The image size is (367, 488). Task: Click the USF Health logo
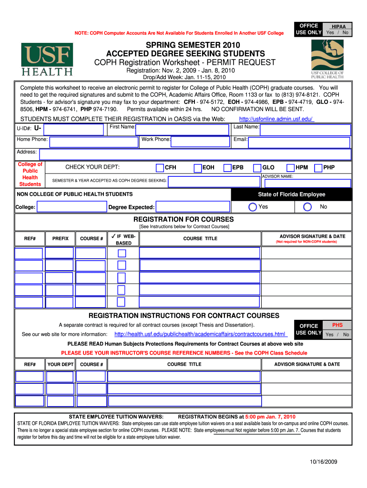[x=47, y=59]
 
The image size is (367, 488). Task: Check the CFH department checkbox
[x=160, y=168]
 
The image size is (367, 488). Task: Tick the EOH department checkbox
[x=198, y=168]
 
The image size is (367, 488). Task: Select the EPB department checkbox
[x=228, y=168]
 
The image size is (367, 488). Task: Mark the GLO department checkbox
[x=257, y=168]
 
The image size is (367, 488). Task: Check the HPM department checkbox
[x=290, y=168]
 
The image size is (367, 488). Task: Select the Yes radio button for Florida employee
[x=252, y=207]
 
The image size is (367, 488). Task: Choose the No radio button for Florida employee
[x=307, y=207]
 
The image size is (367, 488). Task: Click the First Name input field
[x=182, y=130]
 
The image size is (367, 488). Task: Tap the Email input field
[x=299, y=142]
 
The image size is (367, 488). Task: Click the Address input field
[x=195, y=154]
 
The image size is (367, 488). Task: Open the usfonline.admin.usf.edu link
[x=276, y=119]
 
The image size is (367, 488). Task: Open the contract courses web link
[x=200, y=334]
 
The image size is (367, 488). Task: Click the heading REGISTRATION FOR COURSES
[x=183, y=219]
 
